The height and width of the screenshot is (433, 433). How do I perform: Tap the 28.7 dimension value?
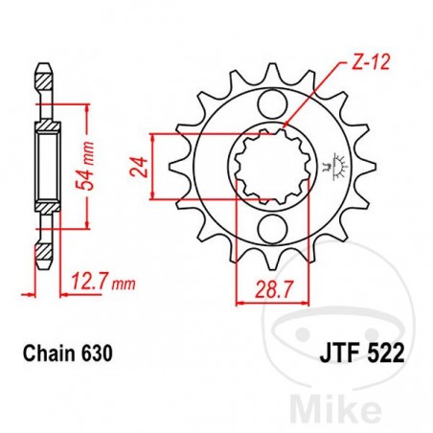261,286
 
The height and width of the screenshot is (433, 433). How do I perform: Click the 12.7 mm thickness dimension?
99,283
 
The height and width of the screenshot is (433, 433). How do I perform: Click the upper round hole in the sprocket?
270,105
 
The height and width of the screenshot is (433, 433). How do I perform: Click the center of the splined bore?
270,167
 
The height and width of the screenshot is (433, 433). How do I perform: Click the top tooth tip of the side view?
44,68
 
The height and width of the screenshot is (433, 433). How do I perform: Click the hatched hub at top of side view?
44,127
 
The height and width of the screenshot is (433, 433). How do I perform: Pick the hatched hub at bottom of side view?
44,207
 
